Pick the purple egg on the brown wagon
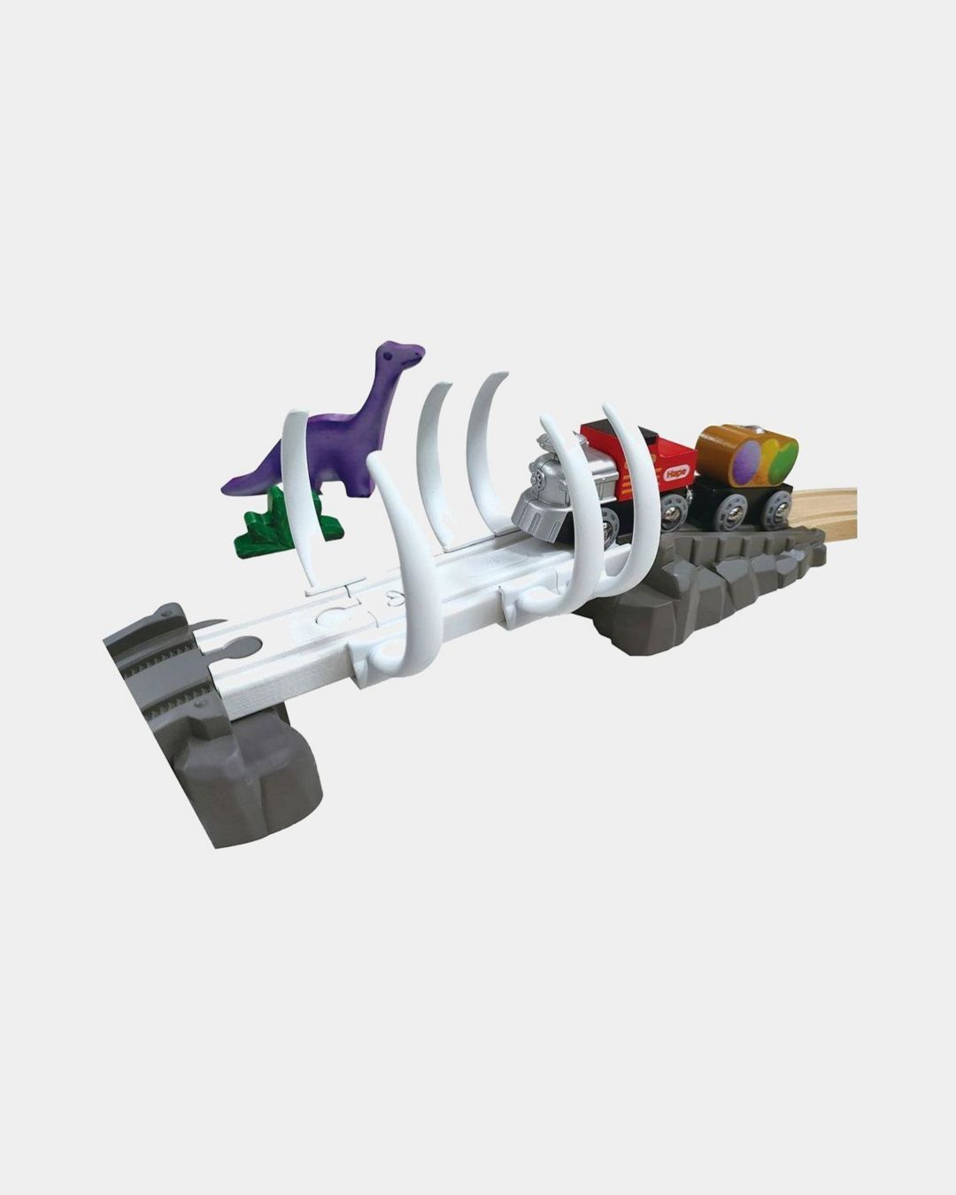tap(750, 459)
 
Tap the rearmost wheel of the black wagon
tap(778, 507)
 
